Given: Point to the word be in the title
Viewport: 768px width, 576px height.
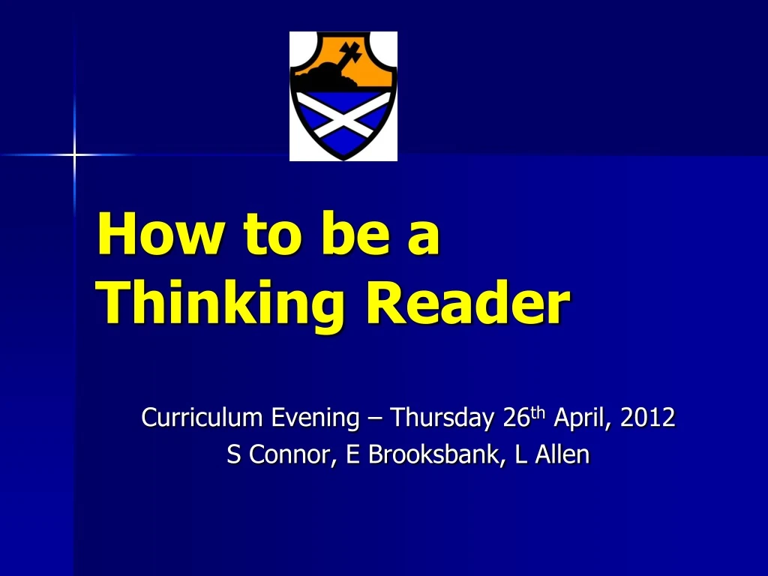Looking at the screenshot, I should coord(342,234).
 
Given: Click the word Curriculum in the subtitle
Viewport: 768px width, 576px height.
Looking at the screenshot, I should coord(203,417).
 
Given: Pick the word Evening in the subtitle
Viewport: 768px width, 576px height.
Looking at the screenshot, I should coord(315,417).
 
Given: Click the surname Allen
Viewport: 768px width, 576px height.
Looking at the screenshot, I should coord(562,454).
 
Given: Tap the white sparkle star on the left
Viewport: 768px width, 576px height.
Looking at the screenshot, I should coord(74,155).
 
